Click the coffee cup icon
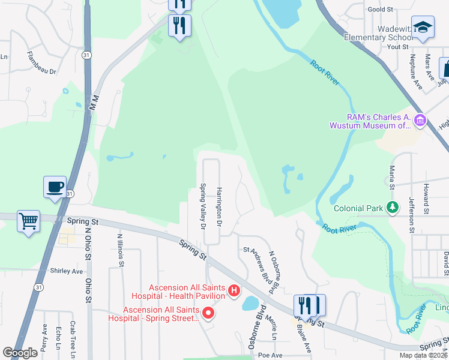pyautogui.click(x=55, y=187)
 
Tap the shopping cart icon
pyautogui.click(x=28, y=221)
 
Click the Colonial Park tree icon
pyautogui.click(x=393, y=208)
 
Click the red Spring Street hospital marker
pyautogui.click(x=208, y=313)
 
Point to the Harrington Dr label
pyautogui.click(x=220, y=205)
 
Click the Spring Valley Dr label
pyautogui.click(x=203, y=206)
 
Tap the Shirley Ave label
pyautogui.click(x=66, y=271)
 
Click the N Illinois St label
pyautogui.click(x=120, y=249)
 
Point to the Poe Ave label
pyautogui.click(x=270, y=355)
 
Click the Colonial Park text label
pyautogui.click(x=359, y=209)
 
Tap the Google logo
pyautogui.click(x=20, y=353)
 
